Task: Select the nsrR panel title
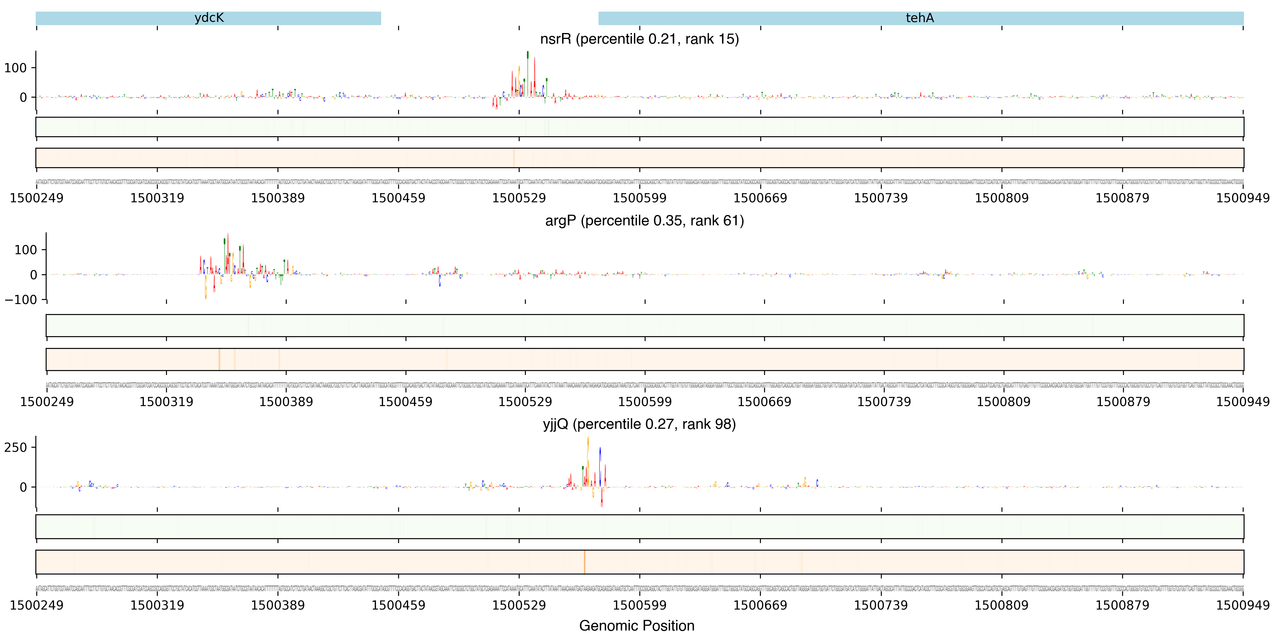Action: (x=639, y=39)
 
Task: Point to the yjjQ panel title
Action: (x=639, y=424)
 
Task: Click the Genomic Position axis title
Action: (x=636, y=625)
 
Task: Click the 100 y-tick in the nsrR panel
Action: (x=15, y=68)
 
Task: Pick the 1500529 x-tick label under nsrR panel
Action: (x=519, y=198)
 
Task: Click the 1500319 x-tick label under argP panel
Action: (x=166, y=402)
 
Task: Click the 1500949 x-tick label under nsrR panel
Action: (x=1242, y=198)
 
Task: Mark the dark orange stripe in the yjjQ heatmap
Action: (x=584, y=562)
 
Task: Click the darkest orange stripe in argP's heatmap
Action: (x=219, y=359)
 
